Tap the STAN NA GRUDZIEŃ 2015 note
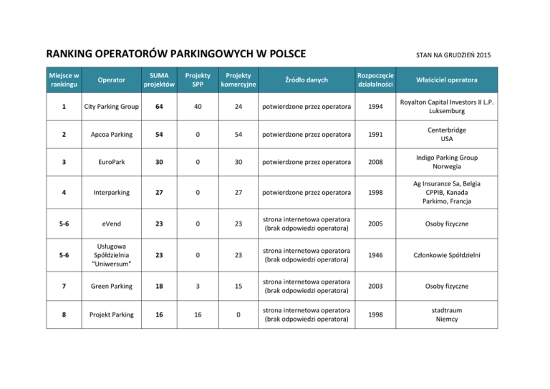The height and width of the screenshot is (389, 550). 453,55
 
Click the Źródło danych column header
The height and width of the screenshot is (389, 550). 306,80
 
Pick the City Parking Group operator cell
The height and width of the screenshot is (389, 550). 110,107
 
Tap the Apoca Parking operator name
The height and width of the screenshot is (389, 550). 110,135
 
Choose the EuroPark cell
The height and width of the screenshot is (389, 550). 110,163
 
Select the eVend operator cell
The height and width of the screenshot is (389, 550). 110,223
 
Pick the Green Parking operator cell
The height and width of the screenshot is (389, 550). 110,286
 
